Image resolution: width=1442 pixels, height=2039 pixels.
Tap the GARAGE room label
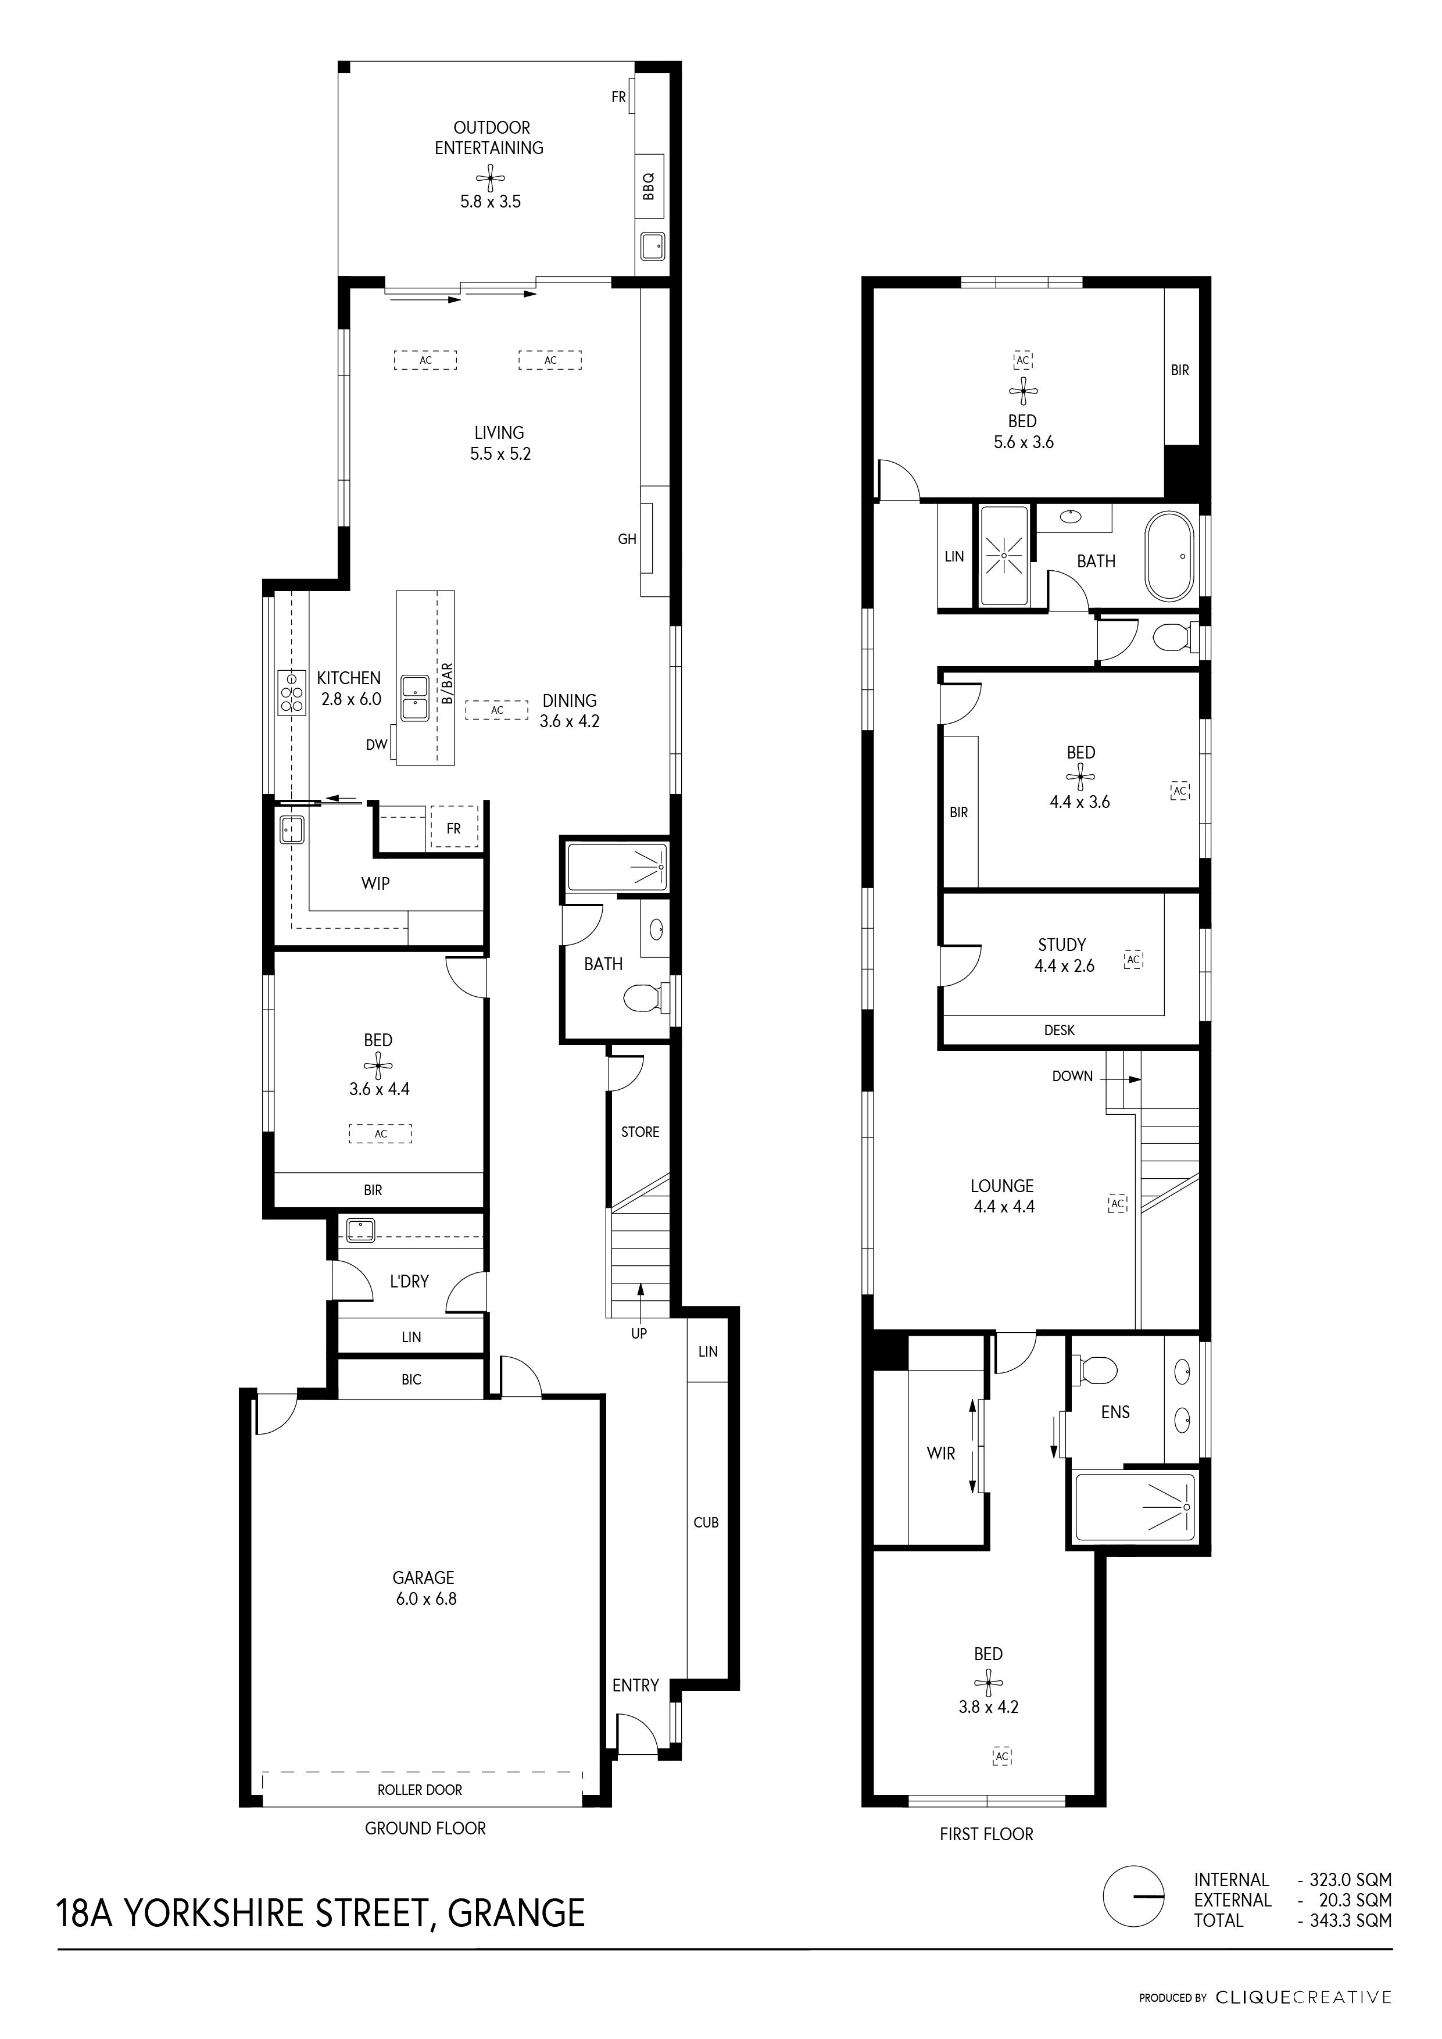424,1578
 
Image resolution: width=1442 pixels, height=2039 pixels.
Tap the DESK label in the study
1060,1030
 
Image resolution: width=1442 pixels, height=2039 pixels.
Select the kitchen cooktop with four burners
291,692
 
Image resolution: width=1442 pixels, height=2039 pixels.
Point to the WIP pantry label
375,883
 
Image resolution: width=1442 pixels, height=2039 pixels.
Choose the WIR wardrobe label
941,1454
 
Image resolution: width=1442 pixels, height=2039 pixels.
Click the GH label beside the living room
628,539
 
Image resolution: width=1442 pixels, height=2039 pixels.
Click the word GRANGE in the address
517,1912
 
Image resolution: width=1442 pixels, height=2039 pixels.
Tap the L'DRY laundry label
409,1282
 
